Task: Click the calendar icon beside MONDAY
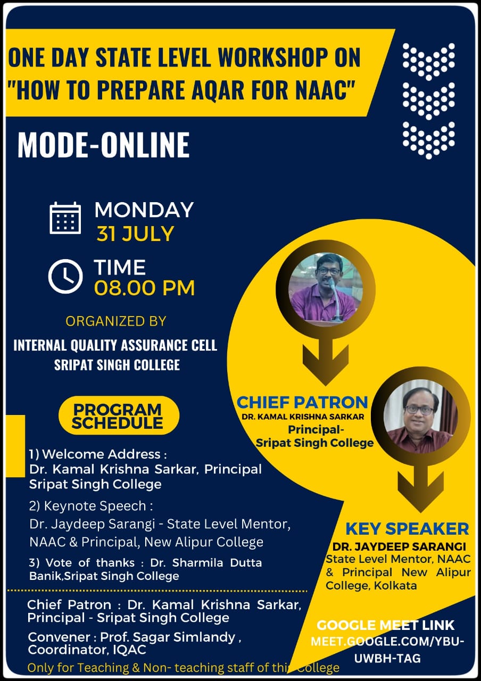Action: click(x=65, y=218)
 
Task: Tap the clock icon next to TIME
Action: click(x=65, y=276)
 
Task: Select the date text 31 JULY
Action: click(x=135, y=234)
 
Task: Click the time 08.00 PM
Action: click(x=144, y=288)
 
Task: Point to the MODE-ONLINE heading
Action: click(x=104, y=145)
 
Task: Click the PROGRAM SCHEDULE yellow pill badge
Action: click(x=119, y=416)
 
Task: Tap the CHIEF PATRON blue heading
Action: click(x=302, y=402)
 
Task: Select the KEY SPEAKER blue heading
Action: click(x=407, y=529)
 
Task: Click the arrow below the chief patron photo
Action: click(x=326, y=362)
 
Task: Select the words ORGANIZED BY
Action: click(x=116, y=321)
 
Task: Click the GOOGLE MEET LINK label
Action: click(x=386, y=625)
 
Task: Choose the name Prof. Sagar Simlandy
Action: click(x=168, y=637)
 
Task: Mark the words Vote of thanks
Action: click(x=90, y=563)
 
